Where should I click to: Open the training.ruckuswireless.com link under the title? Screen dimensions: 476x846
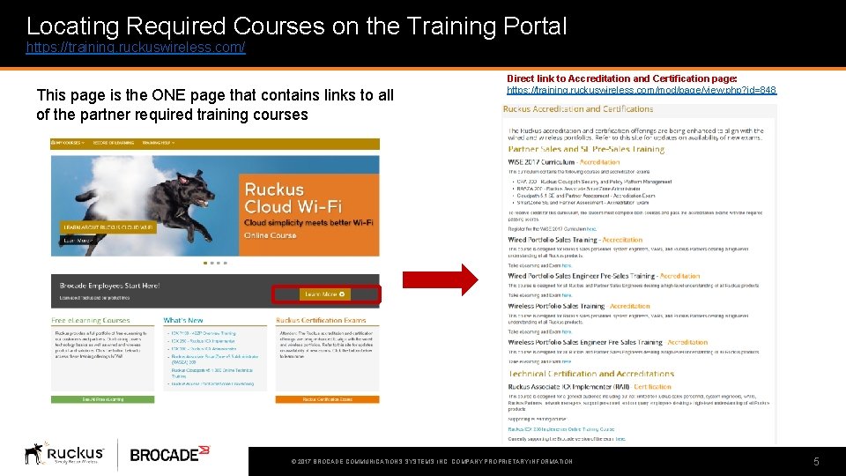tap(136, 48)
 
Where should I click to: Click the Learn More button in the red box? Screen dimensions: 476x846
tap(325, 294)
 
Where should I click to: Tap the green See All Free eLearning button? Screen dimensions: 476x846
tap(104, 399)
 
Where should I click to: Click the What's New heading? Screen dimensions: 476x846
tap(183, 320)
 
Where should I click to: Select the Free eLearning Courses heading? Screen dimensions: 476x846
tap(91, 320)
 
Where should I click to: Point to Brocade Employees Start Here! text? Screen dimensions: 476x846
tap(109, 286)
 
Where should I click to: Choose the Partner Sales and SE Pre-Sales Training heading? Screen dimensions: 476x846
tap(586, 150)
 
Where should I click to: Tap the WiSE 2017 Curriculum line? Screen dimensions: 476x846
tap(564, 162)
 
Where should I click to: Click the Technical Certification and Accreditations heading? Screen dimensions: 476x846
tap(590, 374)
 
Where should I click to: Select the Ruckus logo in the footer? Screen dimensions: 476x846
tap(64, 454)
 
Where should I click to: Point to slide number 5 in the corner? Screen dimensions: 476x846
tap(816, 461)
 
